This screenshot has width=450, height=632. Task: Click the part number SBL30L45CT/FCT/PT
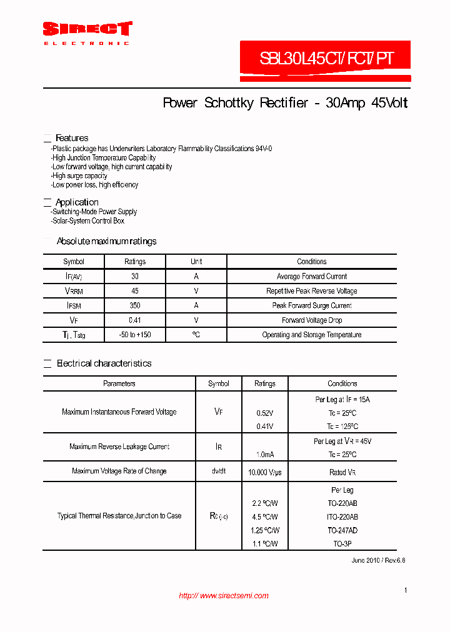click(x=326, y=59)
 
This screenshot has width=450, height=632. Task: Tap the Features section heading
click(x=71, y=138)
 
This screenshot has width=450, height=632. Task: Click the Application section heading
click(x=76, y=202)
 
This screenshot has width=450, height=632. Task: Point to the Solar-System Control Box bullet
click(x=88, y=220)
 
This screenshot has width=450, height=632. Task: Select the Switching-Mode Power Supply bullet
click(x=94, y=212)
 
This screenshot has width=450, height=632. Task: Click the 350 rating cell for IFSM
click(x=135, y=305)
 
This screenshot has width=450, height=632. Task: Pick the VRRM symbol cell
click(x=74, y=291)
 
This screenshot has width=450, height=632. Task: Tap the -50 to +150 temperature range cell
click(x=135, y=335)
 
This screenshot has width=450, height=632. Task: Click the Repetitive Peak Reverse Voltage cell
click(x=311, y=291)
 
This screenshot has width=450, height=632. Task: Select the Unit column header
click(x=196, y=262)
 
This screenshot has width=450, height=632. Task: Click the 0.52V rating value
click(x=264, y=413)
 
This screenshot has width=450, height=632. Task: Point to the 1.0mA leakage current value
click(x=264, y=455)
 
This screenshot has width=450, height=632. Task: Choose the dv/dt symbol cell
click(x=218, y=471)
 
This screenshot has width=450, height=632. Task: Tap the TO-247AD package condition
click(x=342, y=530)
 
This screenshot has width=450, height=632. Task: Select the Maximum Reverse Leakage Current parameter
click(x=119, y=447)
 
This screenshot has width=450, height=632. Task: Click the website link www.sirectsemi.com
click(x=224, y=596)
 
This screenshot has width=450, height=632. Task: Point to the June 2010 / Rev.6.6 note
click(x=378, y=560)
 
